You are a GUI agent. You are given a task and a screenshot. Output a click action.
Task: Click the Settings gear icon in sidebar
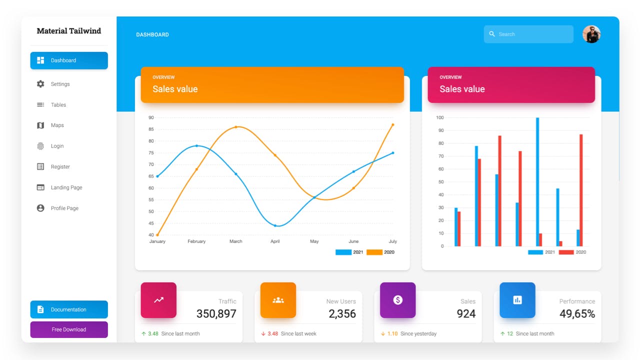click(x=40, y=84)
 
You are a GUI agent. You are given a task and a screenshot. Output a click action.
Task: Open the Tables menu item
click(x=58, y=105)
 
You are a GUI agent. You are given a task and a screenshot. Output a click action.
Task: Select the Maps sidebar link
click(x=57, y=125)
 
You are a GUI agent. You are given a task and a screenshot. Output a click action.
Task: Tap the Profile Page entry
click(x=64, y=208)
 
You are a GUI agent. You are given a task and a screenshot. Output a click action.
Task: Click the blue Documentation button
click(x=69, y=309)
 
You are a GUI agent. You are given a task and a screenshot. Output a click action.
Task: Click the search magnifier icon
click(x=492, y=34)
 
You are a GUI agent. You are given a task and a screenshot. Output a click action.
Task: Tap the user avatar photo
click(x=591, y=34)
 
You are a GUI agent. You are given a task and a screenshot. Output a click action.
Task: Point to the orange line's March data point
click(x=236, y=127)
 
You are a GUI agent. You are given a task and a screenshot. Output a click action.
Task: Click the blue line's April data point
click(x=275, y=225)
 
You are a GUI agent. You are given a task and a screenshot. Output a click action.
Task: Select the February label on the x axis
click(x=196, y=241)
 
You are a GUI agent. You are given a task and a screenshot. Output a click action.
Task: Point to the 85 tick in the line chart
click(x=151, y=129)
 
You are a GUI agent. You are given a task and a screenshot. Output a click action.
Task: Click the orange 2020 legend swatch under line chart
click(x=374, y=252)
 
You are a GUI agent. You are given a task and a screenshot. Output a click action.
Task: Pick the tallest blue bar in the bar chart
click(x=537, y=182)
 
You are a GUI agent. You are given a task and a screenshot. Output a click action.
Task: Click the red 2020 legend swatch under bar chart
click(x=566, y=252)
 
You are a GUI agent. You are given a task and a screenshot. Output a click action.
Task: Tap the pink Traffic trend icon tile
click(x=158, y=300)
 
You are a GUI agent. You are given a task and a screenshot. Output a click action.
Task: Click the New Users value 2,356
click(x=342, y=314)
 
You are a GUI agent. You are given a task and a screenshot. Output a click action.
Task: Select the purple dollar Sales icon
click(x=397, y=300)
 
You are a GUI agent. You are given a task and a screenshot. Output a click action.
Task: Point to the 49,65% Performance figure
click(x=577, y=314)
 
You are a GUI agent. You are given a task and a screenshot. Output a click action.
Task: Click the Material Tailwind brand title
click(x=69, y=31)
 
